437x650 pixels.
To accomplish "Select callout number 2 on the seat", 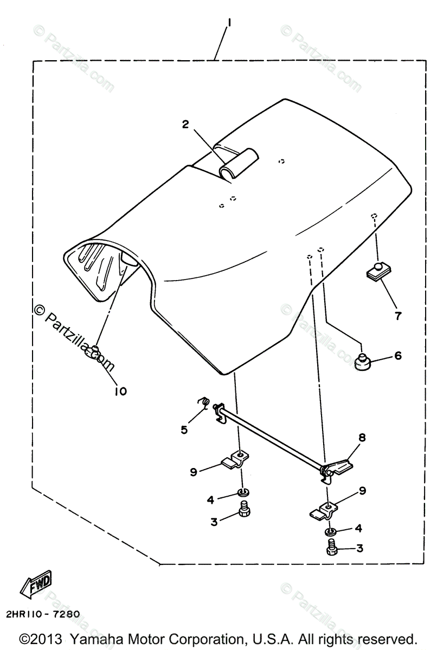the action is point(185,125).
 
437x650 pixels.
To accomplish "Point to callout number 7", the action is point(398,316).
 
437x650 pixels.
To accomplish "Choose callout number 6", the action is point(397,356).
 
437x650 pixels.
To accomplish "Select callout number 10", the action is point(120,391).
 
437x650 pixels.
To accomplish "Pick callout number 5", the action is point(184,430).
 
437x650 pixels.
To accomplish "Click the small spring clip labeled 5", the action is point(204,402).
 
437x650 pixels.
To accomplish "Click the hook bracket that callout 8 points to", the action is point(338,466).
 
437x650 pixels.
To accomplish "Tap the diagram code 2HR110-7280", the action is point(43,614).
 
